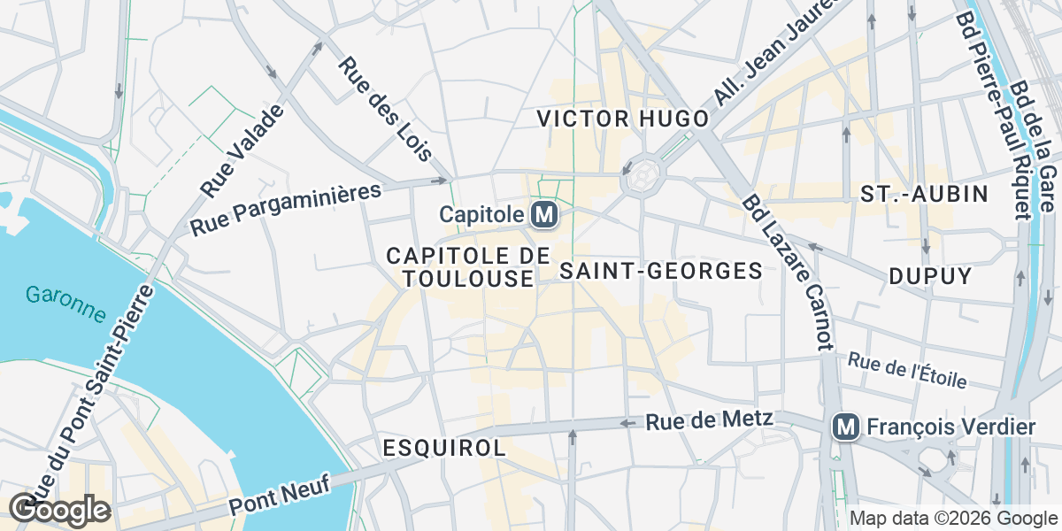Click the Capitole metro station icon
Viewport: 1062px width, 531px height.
[543, 214]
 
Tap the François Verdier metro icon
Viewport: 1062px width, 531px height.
[846, 427]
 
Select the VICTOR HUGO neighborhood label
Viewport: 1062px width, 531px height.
[624, 119]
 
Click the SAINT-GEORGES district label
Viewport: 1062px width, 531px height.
[662, 271]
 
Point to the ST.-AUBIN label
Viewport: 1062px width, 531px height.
[924, 195]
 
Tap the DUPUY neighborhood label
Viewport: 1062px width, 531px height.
[930, 276]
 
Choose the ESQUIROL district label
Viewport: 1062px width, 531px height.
[444, 448]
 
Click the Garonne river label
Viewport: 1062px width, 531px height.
[65, 304]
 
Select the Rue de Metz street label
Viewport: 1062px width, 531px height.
[710, 421]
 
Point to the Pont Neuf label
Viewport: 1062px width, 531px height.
[279, 495]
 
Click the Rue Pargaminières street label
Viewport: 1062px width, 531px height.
[285, 210]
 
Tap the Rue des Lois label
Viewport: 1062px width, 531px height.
[385, 109]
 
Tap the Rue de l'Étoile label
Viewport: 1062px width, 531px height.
[907, 371]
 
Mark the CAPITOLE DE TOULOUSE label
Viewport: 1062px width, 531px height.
[460, 267]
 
